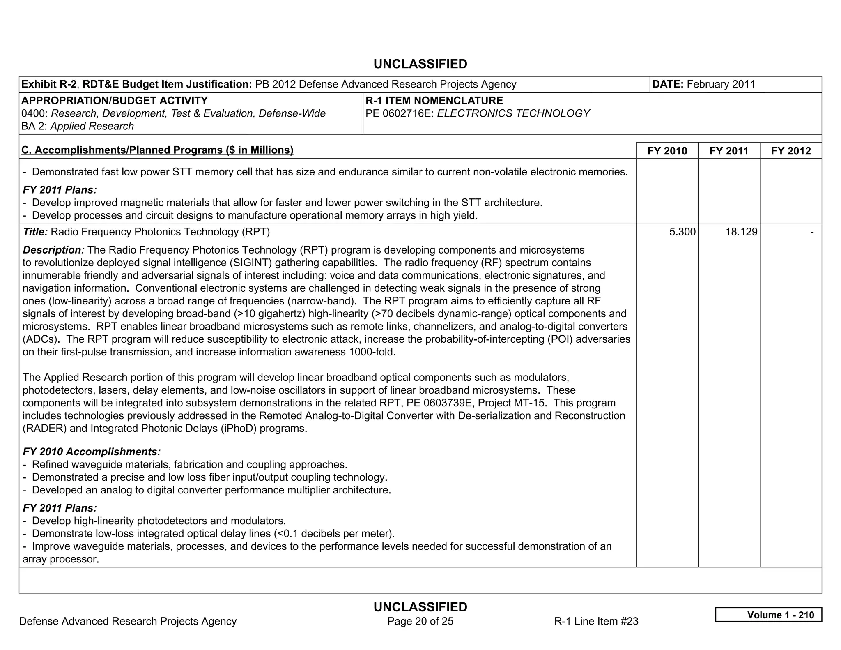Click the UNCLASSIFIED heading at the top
click(420, 64)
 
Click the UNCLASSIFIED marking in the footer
click(420, 607)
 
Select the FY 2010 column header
click(667, 151)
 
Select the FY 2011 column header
click(728, 151)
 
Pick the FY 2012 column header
click(790, 151)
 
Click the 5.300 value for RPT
click(682, 232)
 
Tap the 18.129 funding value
click(741, 232)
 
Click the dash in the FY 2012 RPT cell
click(811, 233)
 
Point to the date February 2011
click(721, 84)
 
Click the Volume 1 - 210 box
click(768, 615)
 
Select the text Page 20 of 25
click(420, 621)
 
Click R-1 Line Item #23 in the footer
click(596, 621)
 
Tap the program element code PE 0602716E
click(400, 113)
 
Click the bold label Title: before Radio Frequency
click(35, 232)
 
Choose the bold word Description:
click(53, 250)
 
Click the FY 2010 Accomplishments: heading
click(92, 452)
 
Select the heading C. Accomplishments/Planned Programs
click(157, 150)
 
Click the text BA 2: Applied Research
click(78, 126)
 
